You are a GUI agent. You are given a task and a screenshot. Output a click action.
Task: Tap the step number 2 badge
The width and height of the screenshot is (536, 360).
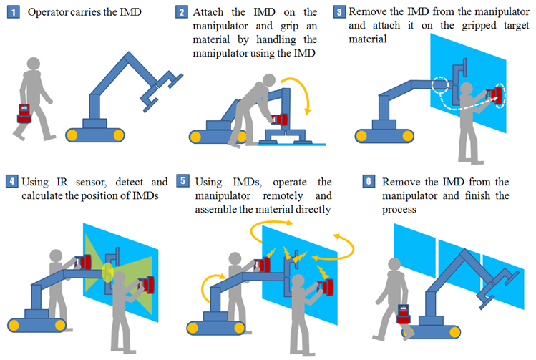click(184, 13)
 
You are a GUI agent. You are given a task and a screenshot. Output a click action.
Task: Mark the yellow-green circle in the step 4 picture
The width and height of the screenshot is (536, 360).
click(108, 271)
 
